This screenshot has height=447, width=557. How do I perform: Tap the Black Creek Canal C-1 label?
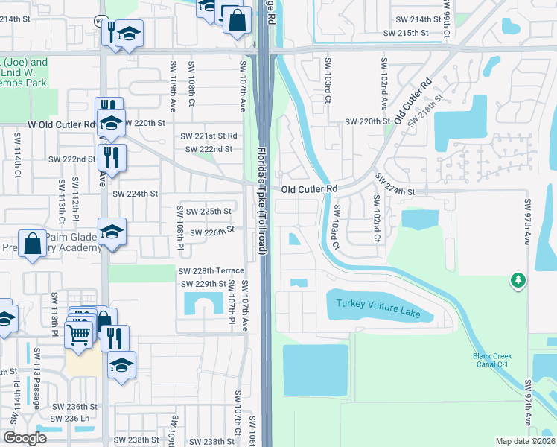492,360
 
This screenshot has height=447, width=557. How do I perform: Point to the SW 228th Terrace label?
210,270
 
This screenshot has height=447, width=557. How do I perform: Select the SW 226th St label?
212,232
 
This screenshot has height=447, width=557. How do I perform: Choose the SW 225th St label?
209,212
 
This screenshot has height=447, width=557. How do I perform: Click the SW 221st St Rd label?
209,136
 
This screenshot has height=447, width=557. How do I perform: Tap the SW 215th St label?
407,34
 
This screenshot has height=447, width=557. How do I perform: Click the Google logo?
25,438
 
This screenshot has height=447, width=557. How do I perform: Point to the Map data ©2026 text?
525,441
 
